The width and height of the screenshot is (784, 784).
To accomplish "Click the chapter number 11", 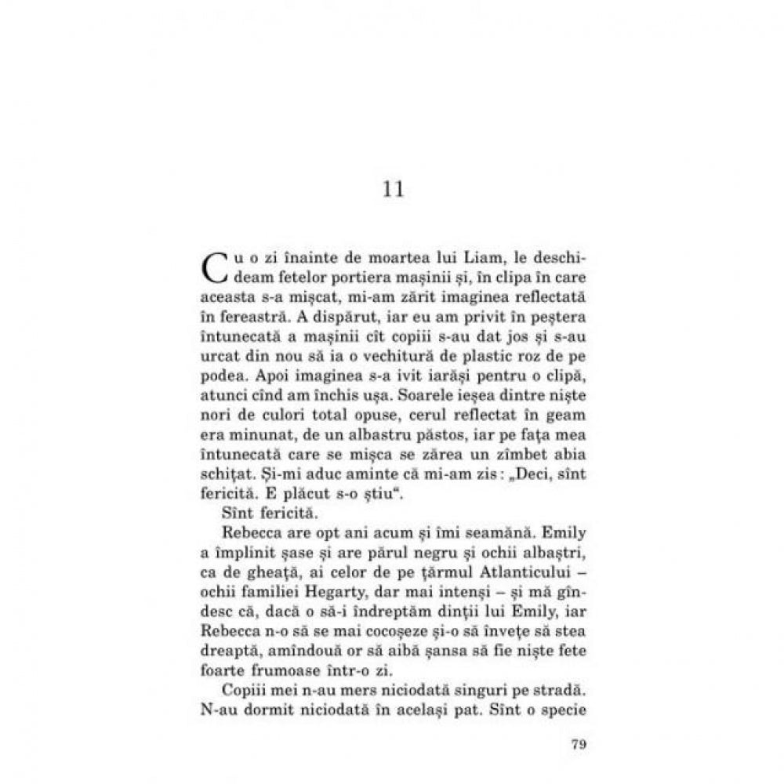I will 393,189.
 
